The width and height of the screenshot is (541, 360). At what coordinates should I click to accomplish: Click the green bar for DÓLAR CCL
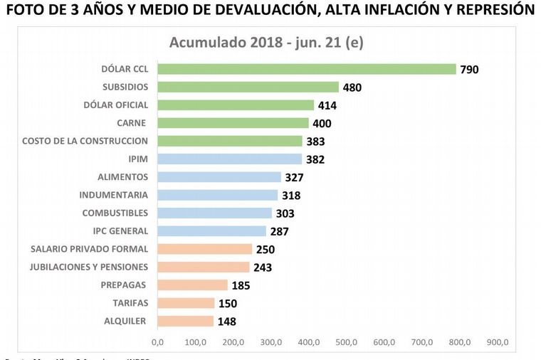pos(306,69)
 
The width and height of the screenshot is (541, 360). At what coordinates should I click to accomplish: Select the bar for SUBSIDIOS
pos(248,87)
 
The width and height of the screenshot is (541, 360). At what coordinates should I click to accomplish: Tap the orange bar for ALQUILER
pos(185,321)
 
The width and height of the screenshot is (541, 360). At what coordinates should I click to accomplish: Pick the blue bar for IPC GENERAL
pos(211,231)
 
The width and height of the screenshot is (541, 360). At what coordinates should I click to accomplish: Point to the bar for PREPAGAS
pos(192,285)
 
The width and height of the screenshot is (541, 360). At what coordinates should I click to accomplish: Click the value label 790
pos(470,70)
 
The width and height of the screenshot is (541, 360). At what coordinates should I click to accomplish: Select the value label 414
pos(327,105)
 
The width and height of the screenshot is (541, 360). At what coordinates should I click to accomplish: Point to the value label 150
pos(228,304)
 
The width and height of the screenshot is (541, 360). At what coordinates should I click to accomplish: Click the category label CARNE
pos(132,123)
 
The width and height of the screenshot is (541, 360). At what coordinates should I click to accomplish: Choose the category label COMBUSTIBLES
pos(115,213)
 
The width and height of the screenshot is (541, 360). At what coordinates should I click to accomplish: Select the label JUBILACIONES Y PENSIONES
pos(89,267)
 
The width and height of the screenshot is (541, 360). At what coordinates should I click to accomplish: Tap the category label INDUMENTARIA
pos(114,195)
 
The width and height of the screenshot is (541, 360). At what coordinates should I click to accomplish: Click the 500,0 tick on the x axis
pos(346,342)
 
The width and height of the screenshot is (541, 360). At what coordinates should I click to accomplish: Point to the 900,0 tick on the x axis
pos(497,342)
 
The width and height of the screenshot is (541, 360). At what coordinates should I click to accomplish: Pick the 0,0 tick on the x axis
pos(158,342)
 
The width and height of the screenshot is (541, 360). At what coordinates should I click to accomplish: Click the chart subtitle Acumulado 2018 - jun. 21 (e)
pos(266,42)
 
